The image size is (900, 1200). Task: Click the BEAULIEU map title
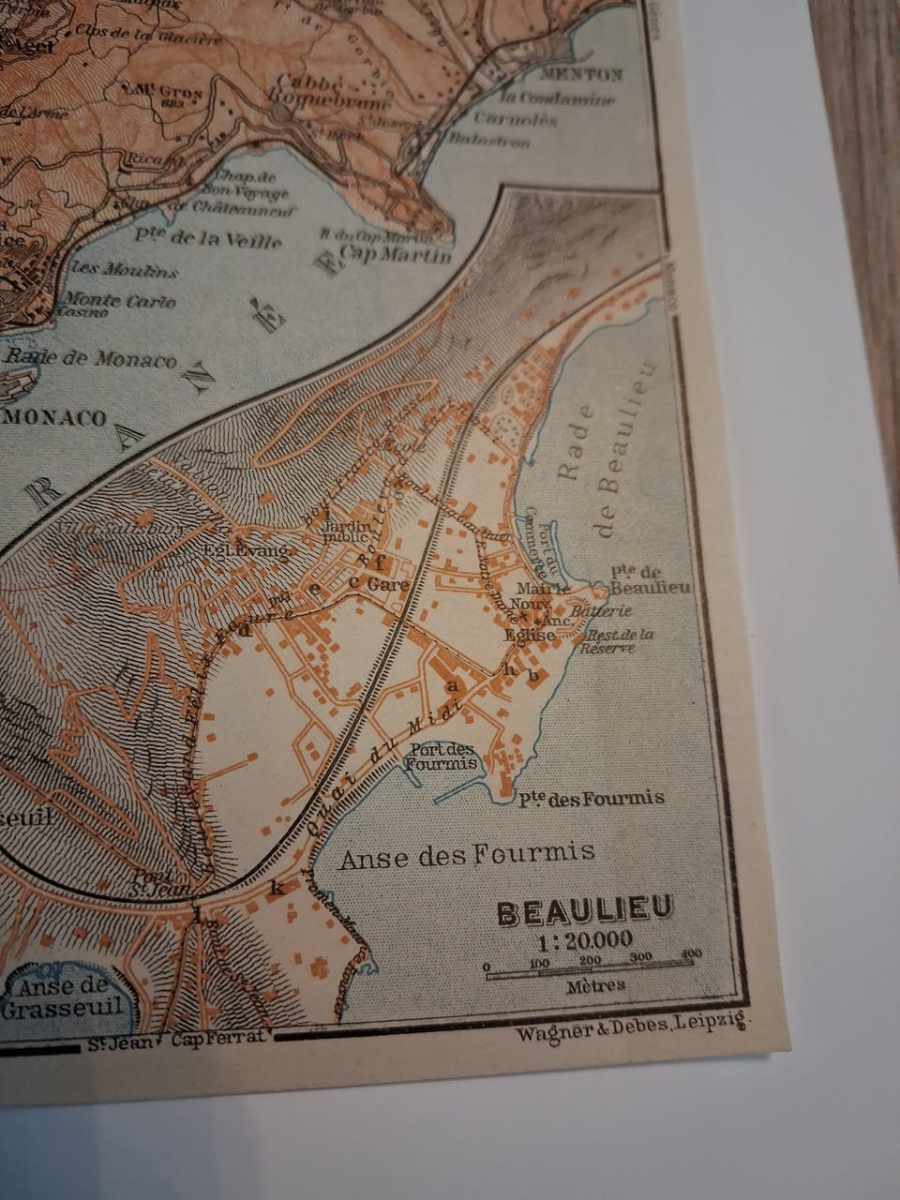pos(585,911)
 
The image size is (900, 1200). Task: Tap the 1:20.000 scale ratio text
pos(585,939)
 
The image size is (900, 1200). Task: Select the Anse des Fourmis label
pos(466,854)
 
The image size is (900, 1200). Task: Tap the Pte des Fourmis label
pos(591,799)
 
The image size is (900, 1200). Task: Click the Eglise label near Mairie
pos(529,635)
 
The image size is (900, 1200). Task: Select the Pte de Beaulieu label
pos(649,579)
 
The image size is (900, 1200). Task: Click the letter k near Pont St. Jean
pos(277,886)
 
